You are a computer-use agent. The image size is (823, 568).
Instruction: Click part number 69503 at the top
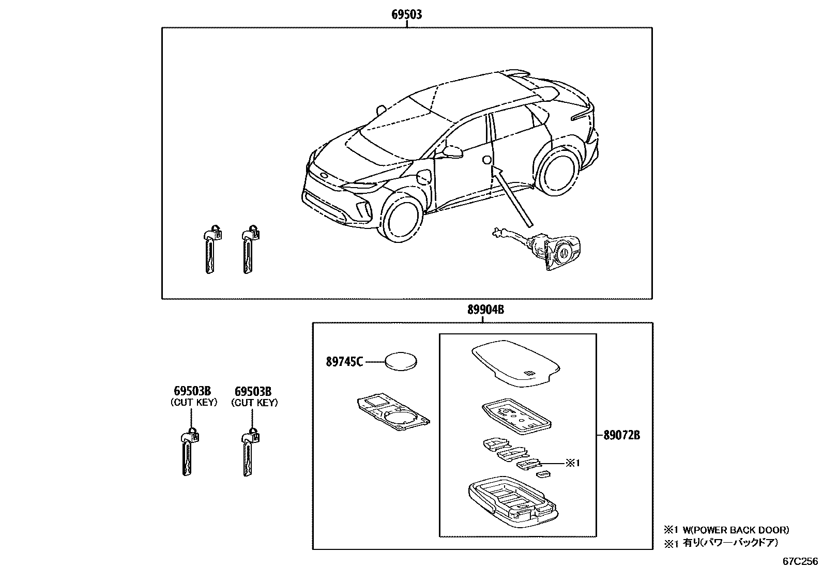pyautogui.click(x=406, y=14)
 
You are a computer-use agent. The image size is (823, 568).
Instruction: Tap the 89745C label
pyautogui.click(x=344, y=362)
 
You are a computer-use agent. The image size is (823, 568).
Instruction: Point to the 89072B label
pyautogui.click(x=621, y=435)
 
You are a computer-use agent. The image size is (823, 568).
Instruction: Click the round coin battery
pyautogui.click(x=402, y=361)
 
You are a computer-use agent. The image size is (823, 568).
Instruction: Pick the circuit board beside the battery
pyautogui.click(x=392, y=412)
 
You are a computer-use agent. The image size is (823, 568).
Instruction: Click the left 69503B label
pyautogui.click(x=192, y=391)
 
